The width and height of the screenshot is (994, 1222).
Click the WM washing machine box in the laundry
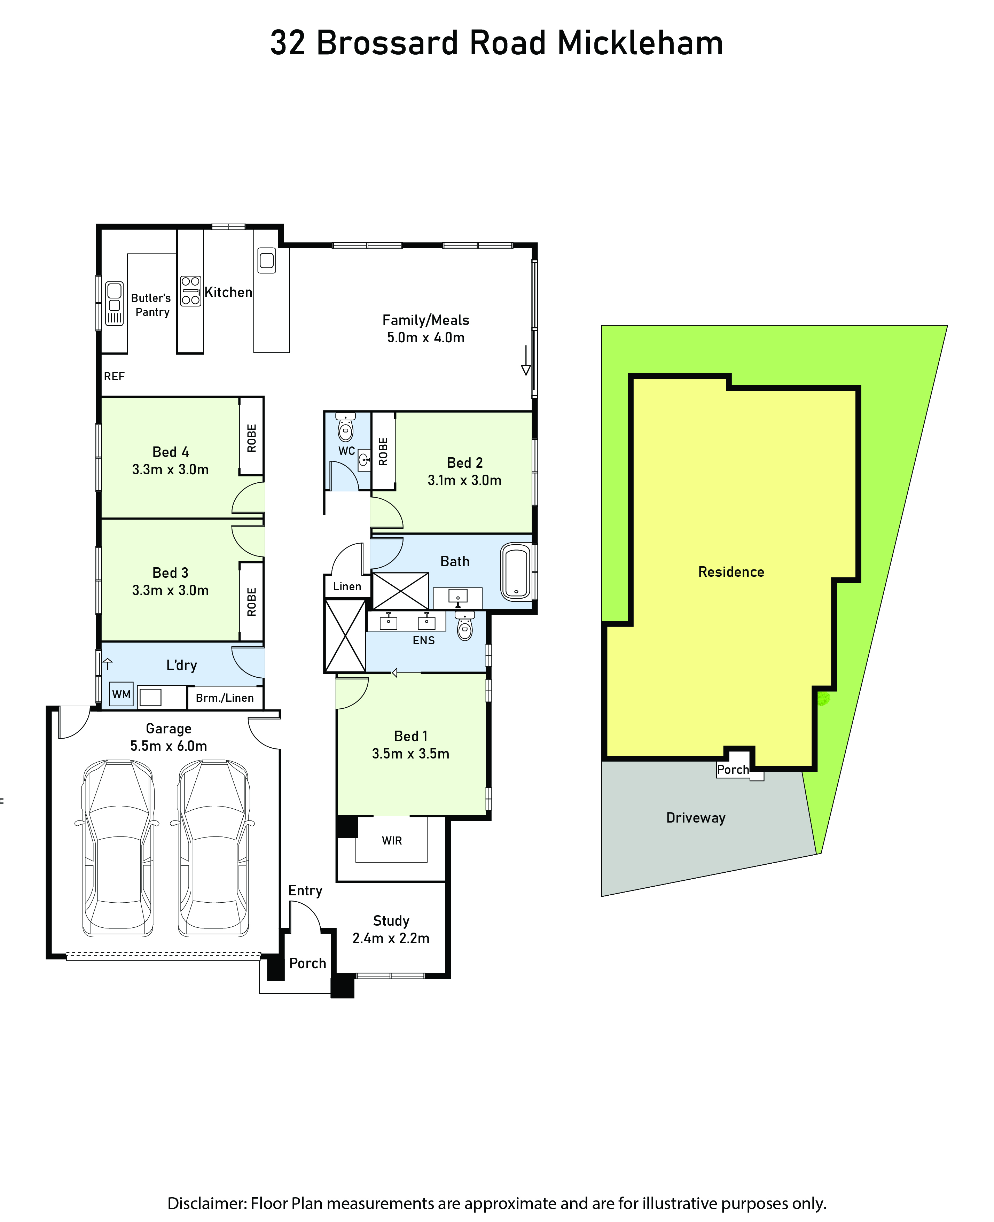coord(122,694)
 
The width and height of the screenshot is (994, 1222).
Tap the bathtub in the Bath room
coord(516,571)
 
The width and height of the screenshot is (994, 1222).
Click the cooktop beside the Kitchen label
coord(191,291)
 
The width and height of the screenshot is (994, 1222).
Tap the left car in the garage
coord(118,848)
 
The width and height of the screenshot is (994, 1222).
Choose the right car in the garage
coord(213,848)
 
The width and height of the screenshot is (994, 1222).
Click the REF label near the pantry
coord(114,376)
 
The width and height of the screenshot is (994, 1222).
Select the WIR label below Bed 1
coord(392,841)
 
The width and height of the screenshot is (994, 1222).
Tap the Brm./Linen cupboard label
coord(225,698)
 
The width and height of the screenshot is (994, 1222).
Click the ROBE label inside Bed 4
coord(251,438)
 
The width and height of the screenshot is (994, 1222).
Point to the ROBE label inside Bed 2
coord(383,451)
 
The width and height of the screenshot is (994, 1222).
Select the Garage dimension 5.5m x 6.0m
coord(169,746)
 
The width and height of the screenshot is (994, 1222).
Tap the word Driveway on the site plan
coord(696,818)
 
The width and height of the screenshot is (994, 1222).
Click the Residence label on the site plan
coord(731,571)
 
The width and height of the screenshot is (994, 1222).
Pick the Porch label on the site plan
coord(733,770)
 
